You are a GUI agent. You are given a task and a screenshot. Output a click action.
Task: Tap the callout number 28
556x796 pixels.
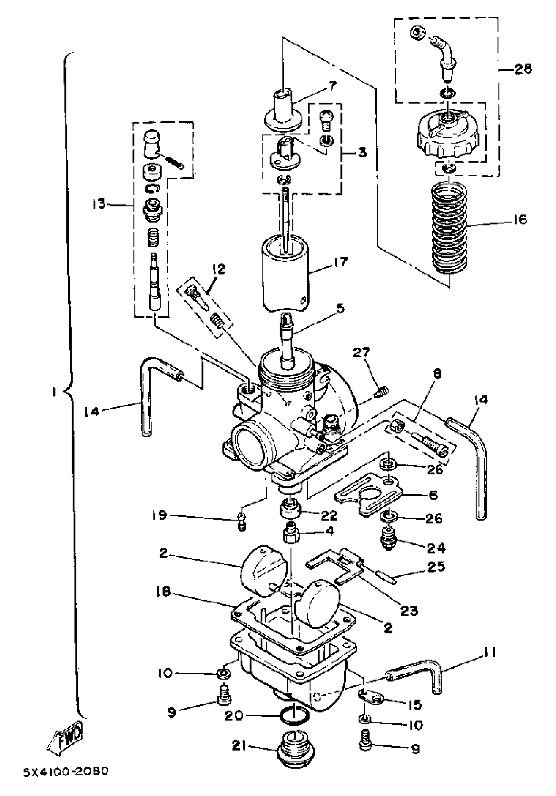coord(523,69)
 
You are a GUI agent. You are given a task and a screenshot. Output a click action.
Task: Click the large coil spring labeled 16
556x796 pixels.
coord(450,229)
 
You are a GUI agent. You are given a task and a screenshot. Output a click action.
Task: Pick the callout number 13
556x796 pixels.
coord(99,204)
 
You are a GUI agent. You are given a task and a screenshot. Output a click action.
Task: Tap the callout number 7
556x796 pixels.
coord(332,85)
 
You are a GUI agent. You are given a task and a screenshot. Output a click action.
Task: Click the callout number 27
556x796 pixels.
coord(362,353)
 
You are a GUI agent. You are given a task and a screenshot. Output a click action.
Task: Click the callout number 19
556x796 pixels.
coord(160,515)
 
